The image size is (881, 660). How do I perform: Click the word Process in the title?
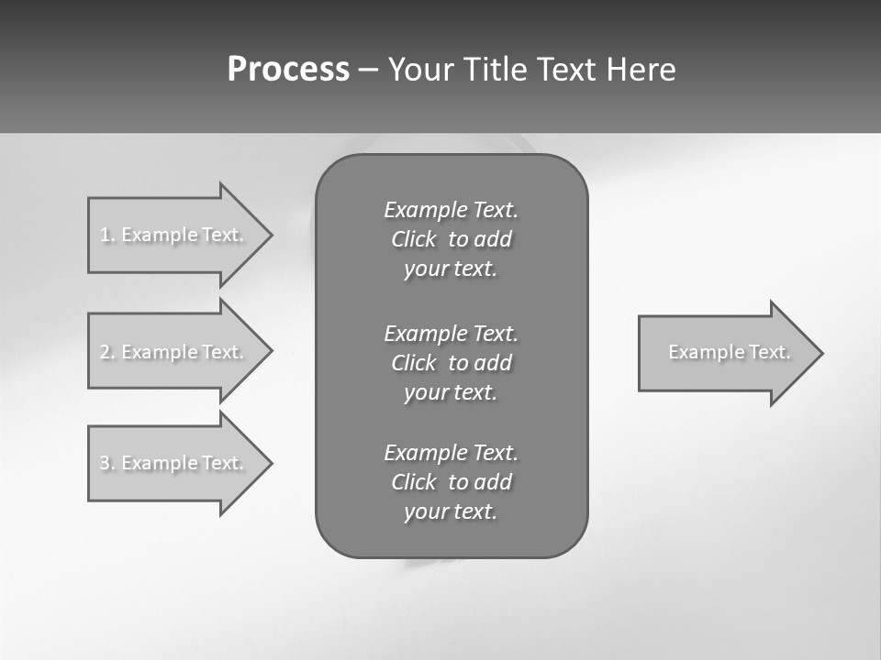pos(288,70)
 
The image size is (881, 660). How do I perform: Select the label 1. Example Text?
pos(172,235)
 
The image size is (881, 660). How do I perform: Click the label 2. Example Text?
pos(172,352)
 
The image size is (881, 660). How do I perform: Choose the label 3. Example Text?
pos(172,463)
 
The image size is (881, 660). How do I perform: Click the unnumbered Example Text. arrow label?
pos(730,352)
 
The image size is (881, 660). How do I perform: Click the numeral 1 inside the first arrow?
pos(106,235)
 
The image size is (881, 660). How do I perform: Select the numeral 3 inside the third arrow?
pos(106,463)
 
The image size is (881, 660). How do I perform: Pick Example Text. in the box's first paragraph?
pos(452,210)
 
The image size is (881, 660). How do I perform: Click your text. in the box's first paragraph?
pos(451,269)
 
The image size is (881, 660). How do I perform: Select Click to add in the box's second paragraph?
pos(452,363)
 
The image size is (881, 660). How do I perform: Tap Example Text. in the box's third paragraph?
pos(452,453)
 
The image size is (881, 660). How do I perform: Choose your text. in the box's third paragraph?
pos(451,511)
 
